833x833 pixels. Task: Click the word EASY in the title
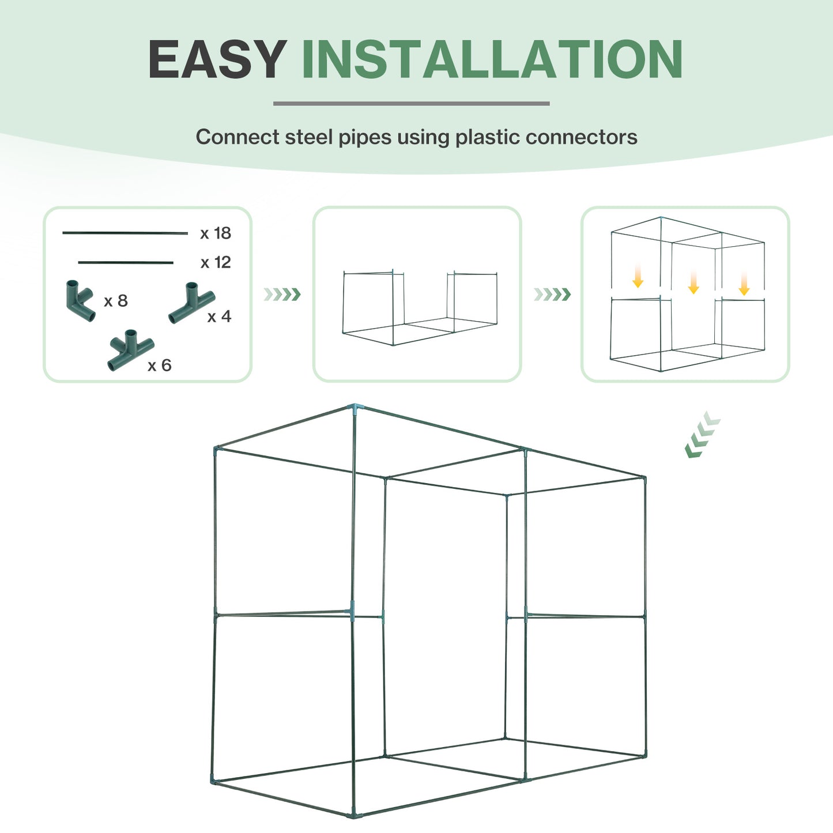(217, 59)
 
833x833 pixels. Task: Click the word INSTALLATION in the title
(492, 59)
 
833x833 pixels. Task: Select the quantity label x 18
(216, 233)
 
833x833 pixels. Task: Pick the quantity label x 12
(216, 263)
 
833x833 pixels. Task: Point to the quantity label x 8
(116, 301)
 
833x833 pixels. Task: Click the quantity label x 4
(219, 316)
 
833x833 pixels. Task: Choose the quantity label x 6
(160, 365)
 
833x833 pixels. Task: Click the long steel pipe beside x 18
(125, 233)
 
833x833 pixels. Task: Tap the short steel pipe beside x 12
(126, 262)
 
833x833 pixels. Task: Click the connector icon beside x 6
(130, 349)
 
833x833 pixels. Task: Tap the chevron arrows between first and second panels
(282, 295)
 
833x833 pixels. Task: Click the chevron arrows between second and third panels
(552, 295)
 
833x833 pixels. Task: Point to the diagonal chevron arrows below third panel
(702, 435)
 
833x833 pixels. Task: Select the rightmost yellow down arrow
(744, 283)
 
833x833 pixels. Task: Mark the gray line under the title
(411, 104)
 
